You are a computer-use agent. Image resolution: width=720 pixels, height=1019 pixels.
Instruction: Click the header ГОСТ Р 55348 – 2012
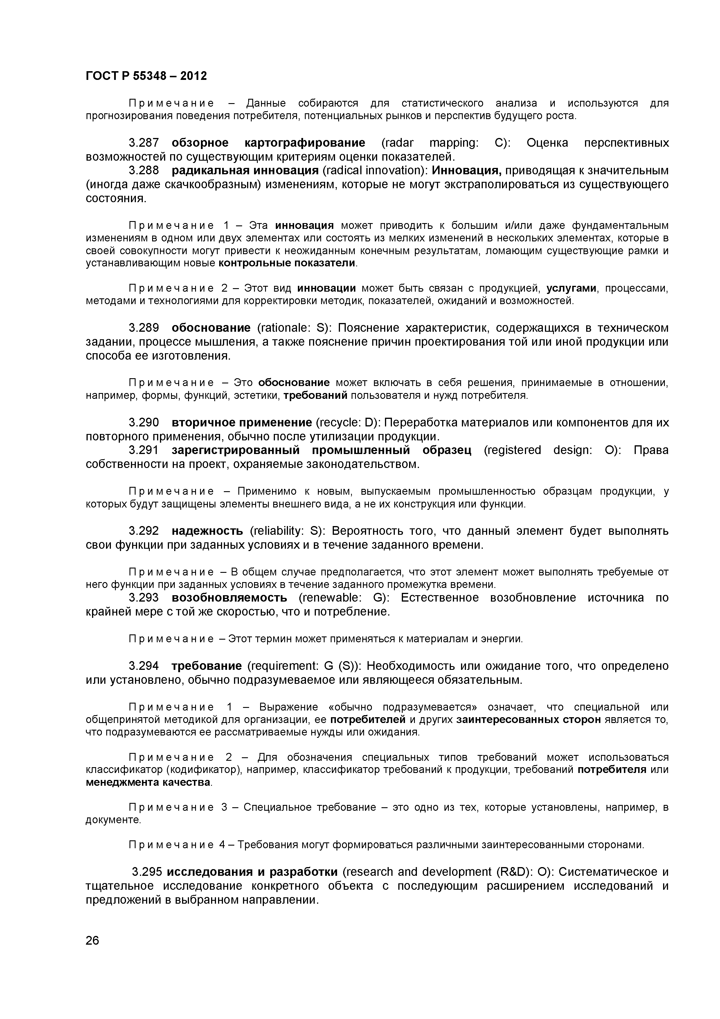(146, 76)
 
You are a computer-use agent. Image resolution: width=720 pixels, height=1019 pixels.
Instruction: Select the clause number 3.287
(143, 143)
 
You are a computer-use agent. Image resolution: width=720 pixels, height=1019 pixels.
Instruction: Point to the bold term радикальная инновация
(245, 171)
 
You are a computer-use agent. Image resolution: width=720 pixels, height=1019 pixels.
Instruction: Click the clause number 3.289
(143, 328)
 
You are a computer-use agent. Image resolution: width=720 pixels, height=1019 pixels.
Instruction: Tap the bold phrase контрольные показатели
(287, 263)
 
